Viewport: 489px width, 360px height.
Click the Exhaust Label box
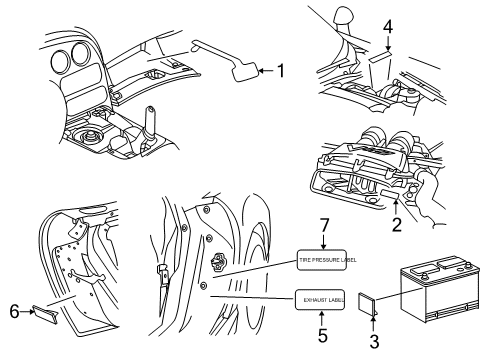[322, 298]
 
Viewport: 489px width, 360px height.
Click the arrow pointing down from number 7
[322, 244]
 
